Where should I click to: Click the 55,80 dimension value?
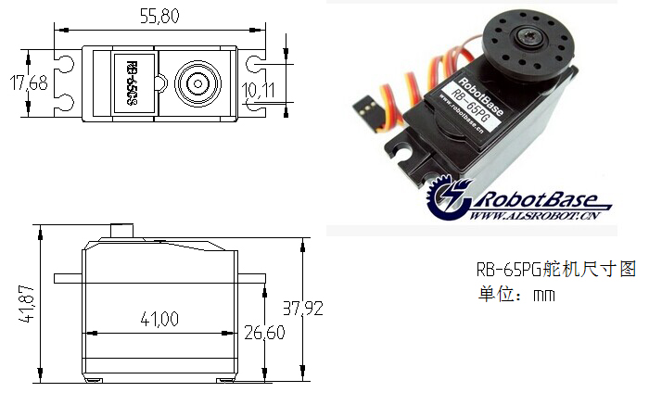coord(159,17)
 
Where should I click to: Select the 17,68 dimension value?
coord(29,82)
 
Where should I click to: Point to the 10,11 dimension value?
coord(258,90)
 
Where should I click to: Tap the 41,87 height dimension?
coord(26,303)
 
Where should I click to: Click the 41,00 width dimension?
coord(159,319)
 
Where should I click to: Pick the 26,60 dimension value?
coord(264,333)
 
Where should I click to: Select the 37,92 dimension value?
coord(302,309)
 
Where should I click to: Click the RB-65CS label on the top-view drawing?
coord(132,82)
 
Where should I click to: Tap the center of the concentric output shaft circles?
coord(197,84)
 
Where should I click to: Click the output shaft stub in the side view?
coord(122,231)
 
